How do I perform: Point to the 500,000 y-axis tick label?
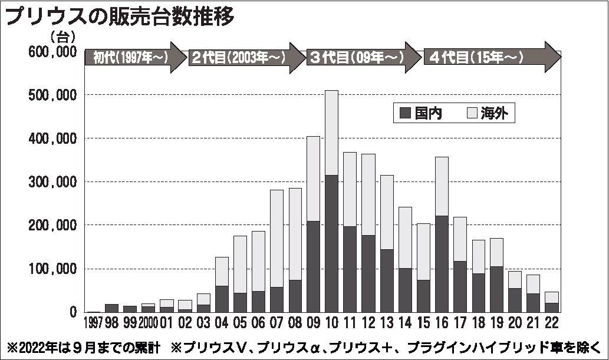pyautogui.click(x=52, y=95)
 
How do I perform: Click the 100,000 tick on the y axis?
pyautogui.click(x=52, y=269)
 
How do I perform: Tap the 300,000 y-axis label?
pyautogui.click(x=52, y=182)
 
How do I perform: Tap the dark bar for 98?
pyautogui.click(x=112, y=308)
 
